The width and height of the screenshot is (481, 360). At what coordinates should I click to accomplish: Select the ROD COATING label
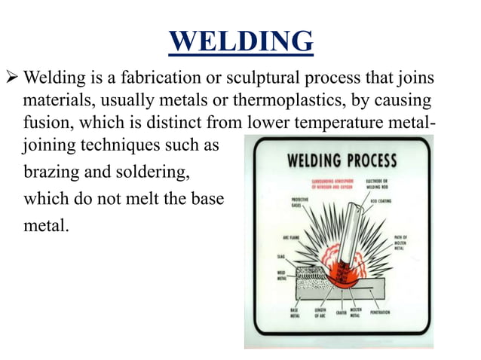click(397, 201)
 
